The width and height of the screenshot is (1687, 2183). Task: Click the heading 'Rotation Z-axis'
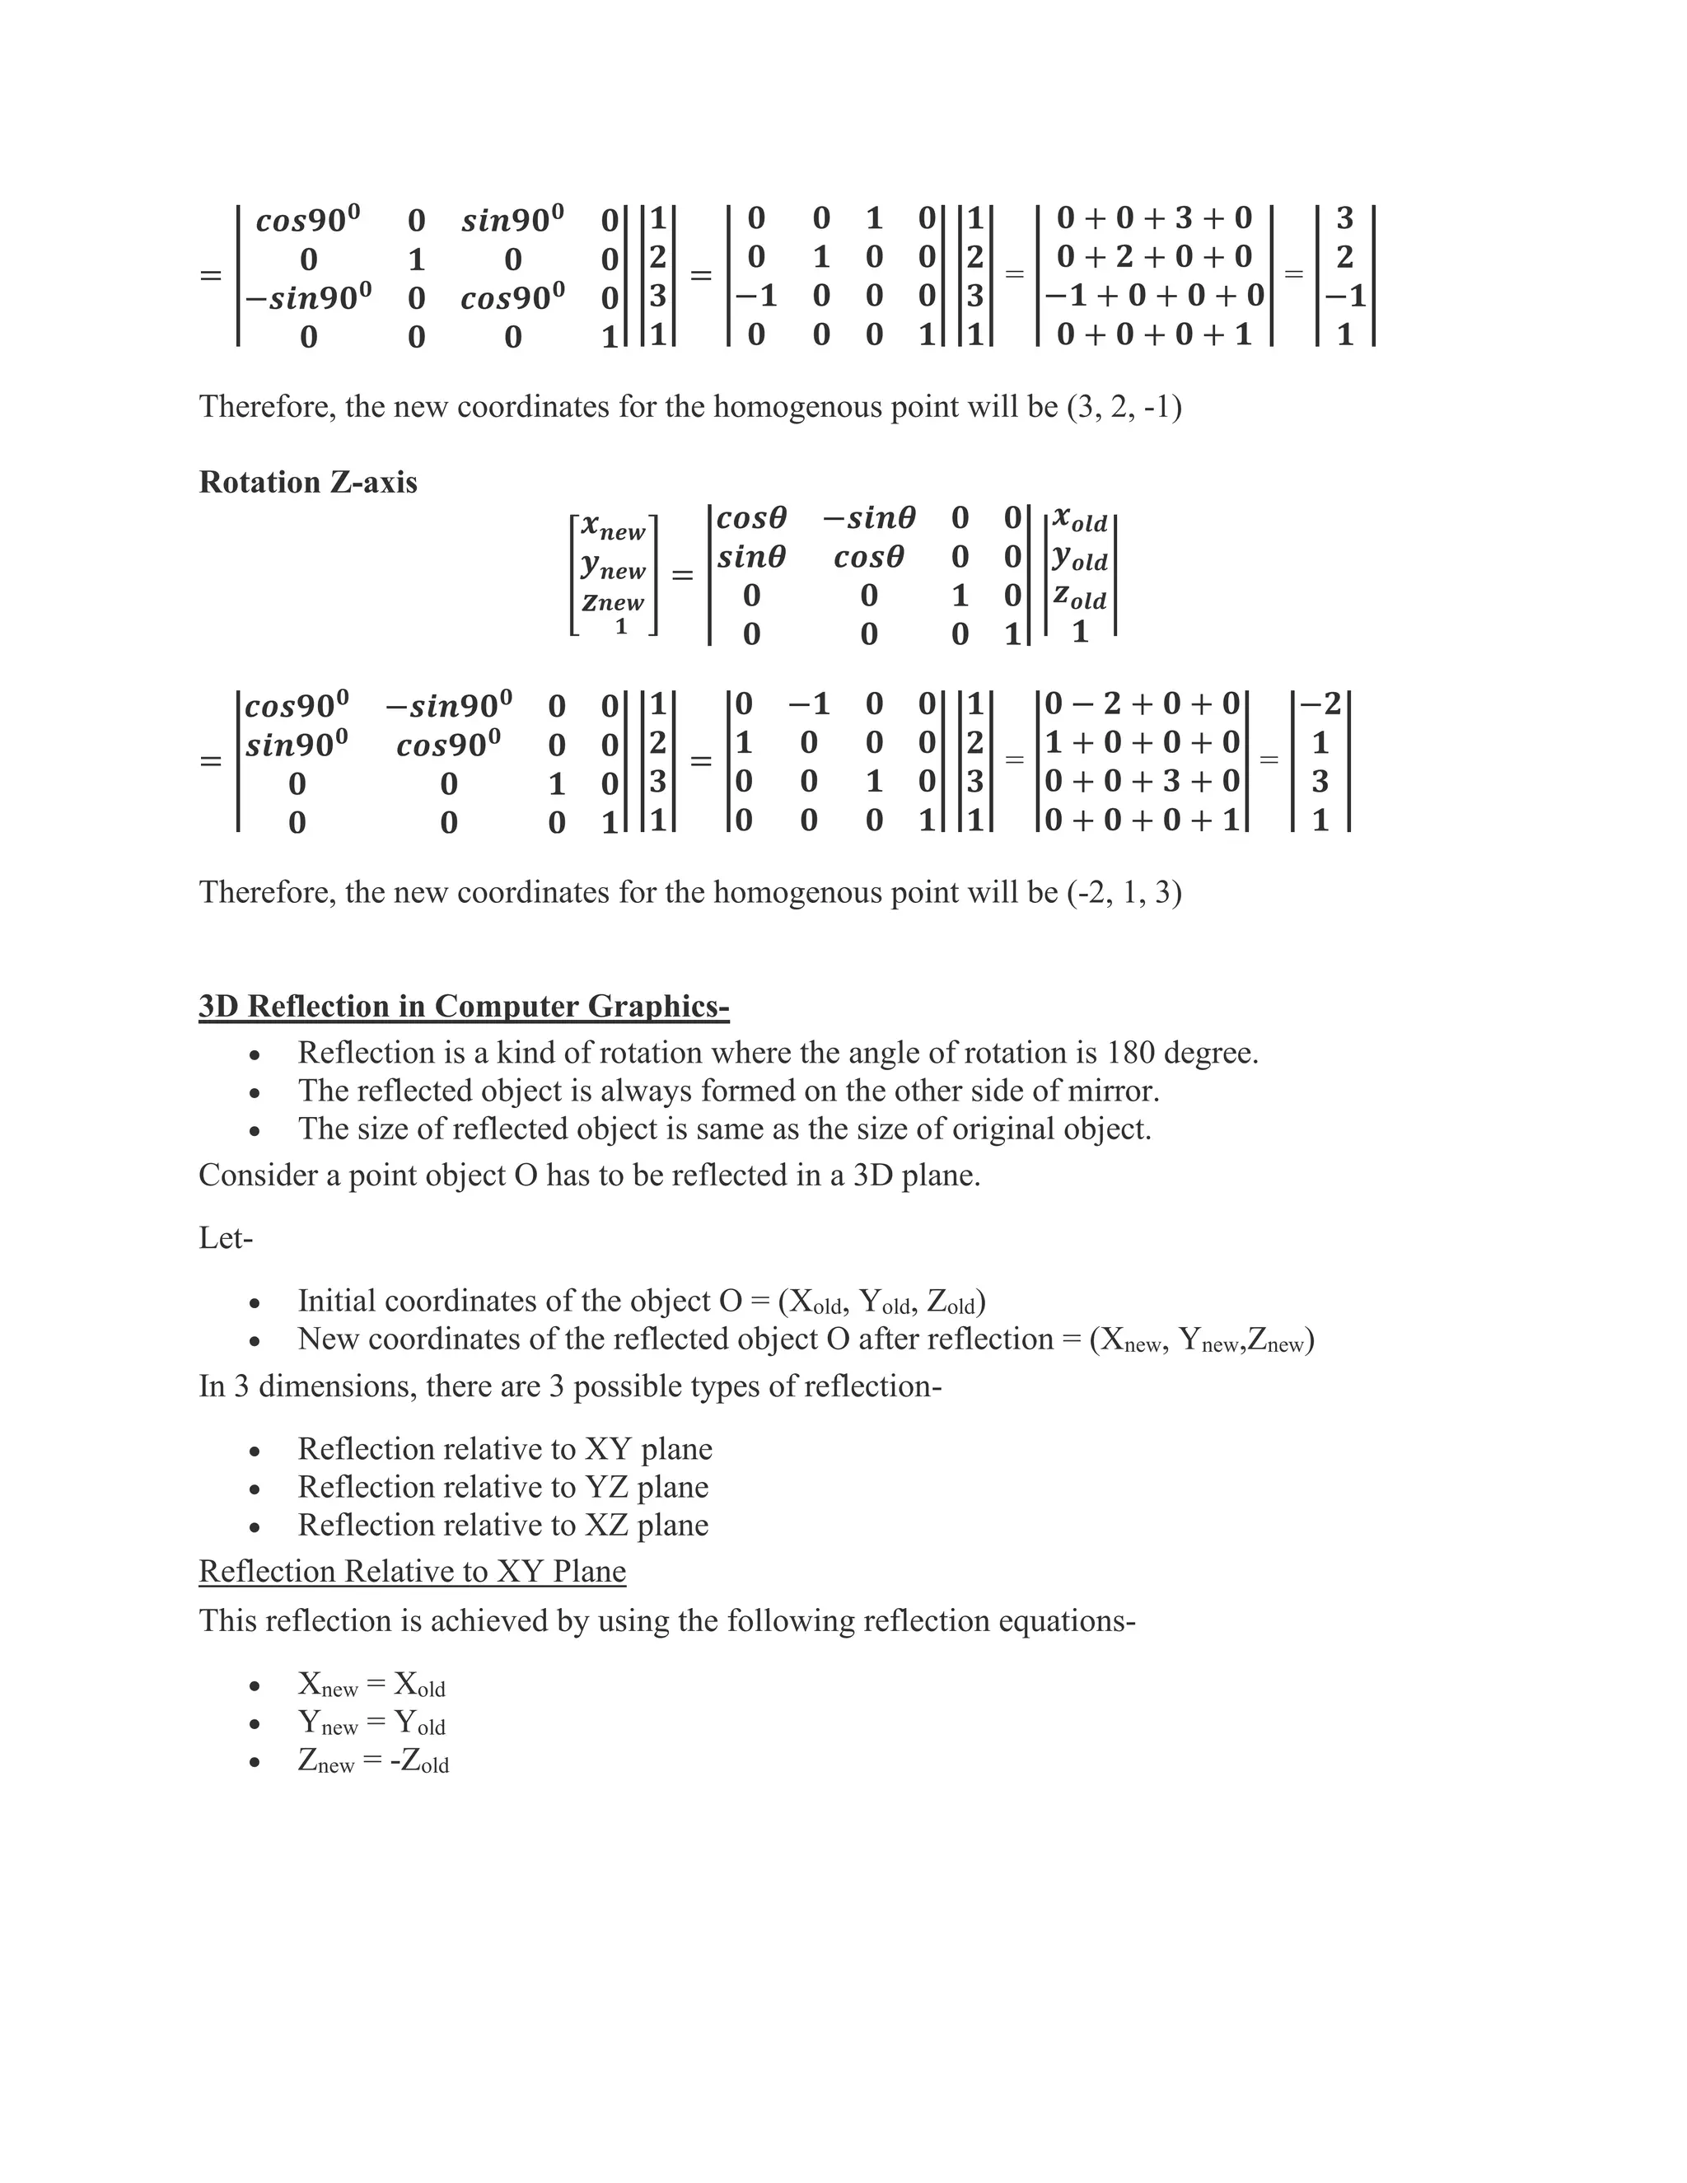(308, 482)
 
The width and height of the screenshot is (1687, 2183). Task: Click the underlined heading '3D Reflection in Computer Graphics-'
(464, 1006)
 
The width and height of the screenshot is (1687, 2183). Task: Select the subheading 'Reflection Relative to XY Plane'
(412, 1571)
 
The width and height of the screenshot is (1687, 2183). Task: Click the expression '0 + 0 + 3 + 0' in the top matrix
(1153, 218)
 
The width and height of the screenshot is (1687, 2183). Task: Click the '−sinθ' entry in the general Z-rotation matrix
(868, 518)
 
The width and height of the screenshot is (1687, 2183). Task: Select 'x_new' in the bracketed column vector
(613, 526)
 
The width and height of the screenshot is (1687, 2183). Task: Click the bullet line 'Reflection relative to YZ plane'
(502, 1487)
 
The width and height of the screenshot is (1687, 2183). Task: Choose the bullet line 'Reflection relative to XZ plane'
(502, 1526)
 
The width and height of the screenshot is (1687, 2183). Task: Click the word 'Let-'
(226, 1238)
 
